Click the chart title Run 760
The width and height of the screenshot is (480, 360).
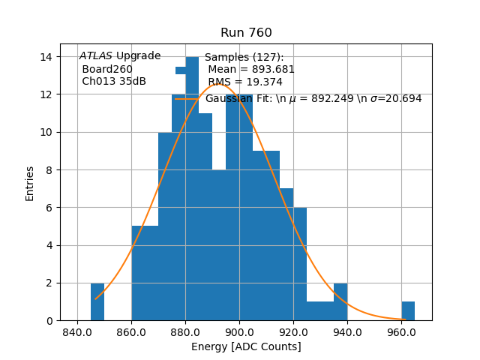click(246, 33)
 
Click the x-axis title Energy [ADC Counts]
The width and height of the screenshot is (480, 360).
click(246, 346)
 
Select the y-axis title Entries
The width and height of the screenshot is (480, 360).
click(30, 183)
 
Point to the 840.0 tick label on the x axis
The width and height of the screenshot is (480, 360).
click(77, 332)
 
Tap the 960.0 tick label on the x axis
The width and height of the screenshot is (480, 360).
click(401, 332)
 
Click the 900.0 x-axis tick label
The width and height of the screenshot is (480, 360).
click(239, 332)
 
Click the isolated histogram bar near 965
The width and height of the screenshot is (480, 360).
click(408, 311)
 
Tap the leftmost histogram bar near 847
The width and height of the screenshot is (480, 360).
click(97, 302)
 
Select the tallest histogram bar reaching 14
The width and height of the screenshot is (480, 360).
click(192, 187)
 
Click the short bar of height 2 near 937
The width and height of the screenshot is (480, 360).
click(340, 302)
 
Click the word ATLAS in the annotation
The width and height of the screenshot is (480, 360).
click(95, 56)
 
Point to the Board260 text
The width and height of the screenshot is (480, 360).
click(107, 69)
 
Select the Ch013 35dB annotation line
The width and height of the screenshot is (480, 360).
click(114, 82)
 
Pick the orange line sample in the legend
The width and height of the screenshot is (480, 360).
click(187, 99)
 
